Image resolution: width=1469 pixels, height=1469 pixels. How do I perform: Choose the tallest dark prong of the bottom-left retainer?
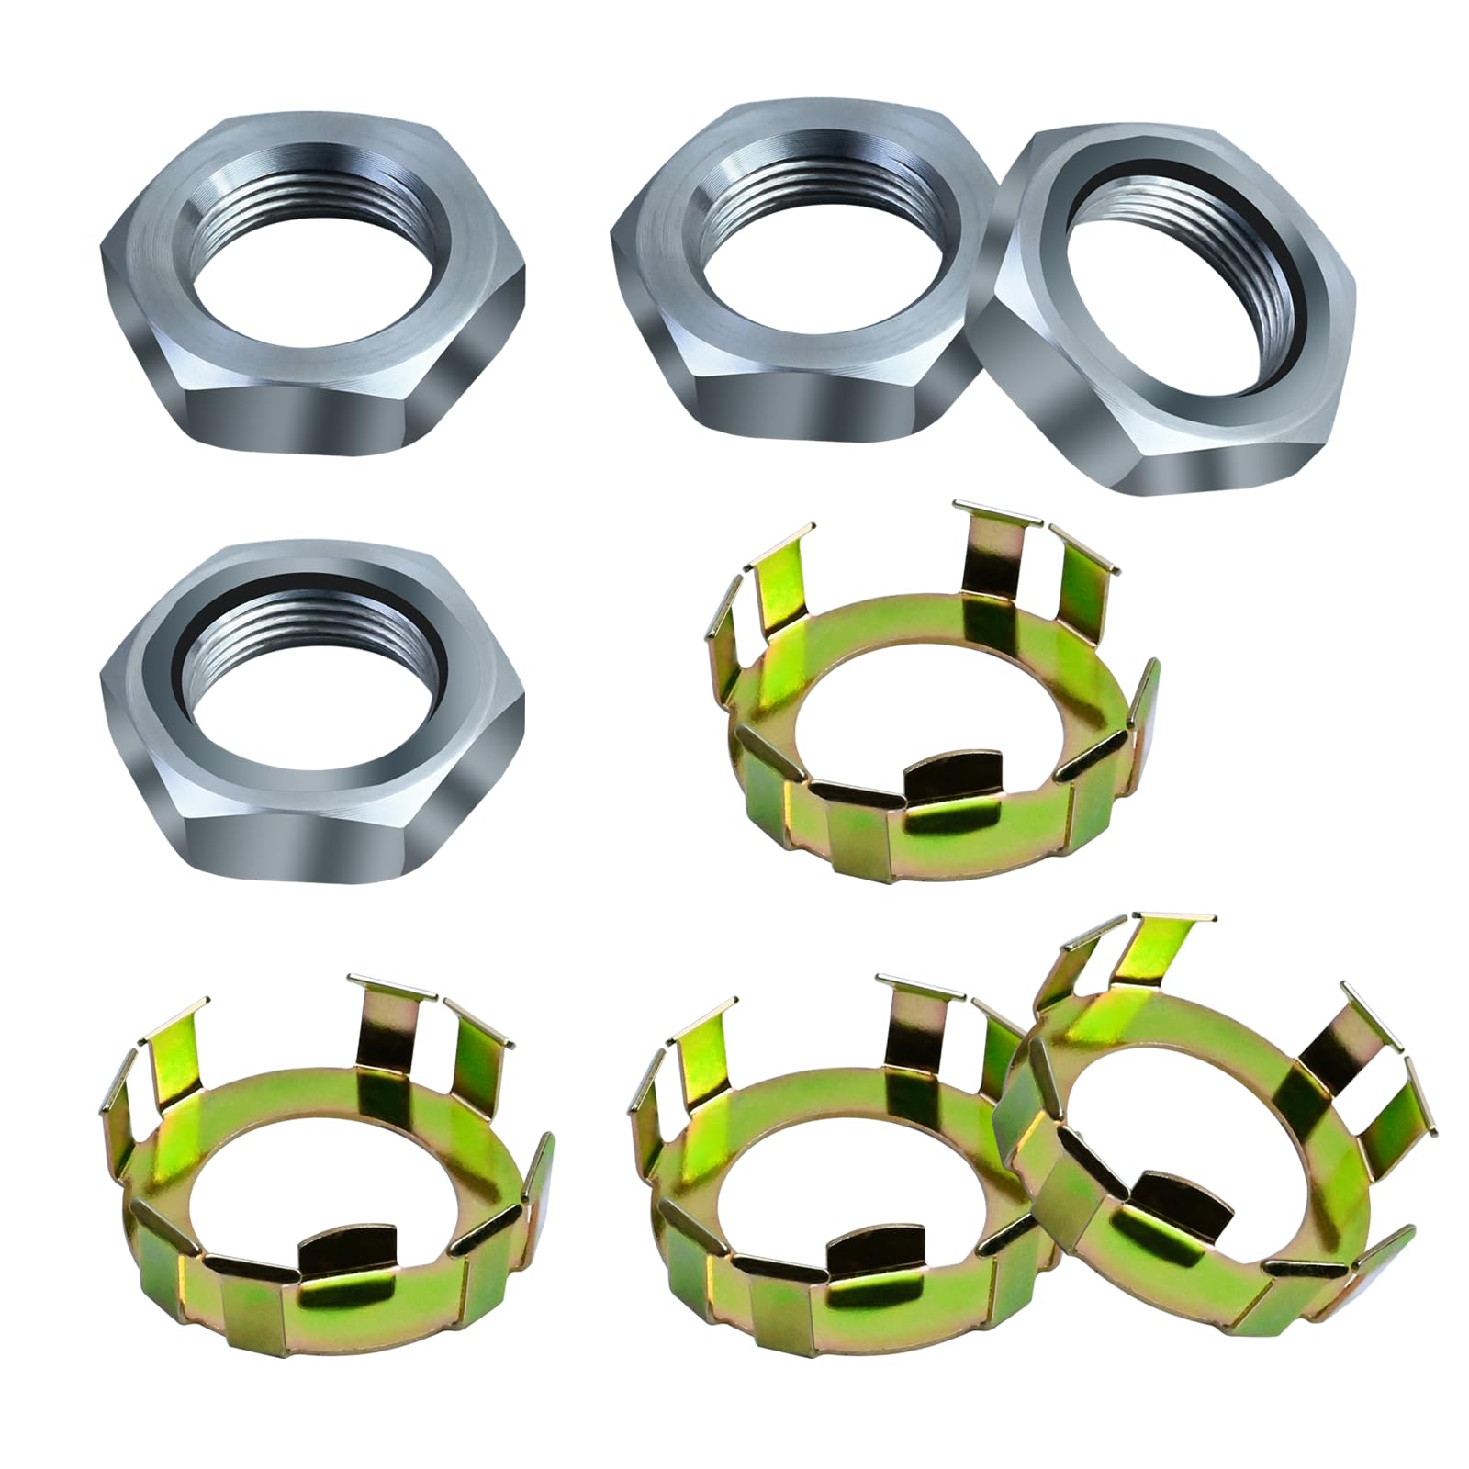[x=390, y=1037]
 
